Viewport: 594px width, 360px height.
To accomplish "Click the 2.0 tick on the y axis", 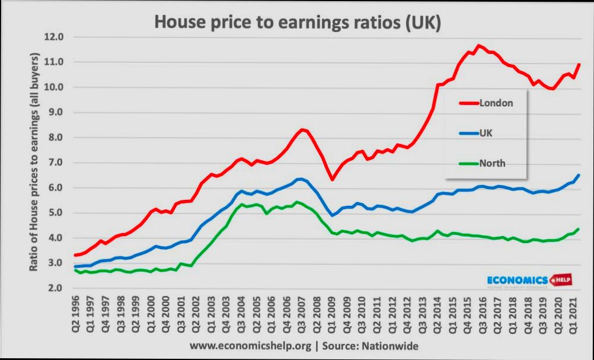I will [x=56, y=288].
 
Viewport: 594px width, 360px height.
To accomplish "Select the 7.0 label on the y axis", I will [x=56, y=163].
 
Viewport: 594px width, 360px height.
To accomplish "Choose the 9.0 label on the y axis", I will [x=56, y=112].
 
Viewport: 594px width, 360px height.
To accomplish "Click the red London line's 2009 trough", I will [x=333, y=180].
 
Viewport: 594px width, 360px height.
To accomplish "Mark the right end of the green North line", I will [x=578, y=229].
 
